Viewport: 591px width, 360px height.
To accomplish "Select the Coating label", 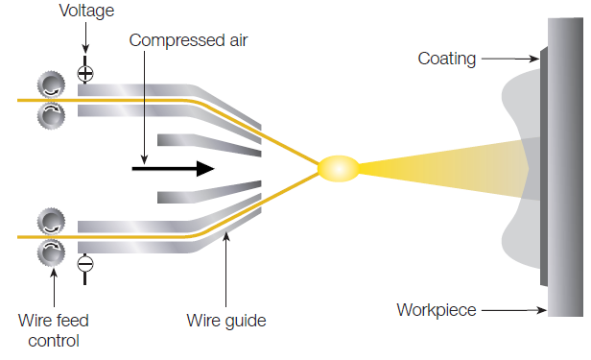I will (446, 60).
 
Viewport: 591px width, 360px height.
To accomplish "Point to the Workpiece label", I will (437, 310).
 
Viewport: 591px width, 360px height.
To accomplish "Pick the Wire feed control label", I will (54, 328).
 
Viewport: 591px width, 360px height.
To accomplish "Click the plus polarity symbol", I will (84, 73).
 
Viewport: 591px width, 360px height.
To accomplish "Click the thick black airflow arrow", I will (173, 168).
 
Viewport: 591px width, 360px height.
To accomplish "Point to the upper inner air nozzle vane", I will (206, 143).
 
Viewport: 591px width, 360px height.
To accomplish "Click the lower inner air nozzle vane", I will (206, 195).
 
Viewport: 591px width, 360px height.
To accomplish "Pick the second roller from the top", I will (49, 116).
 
